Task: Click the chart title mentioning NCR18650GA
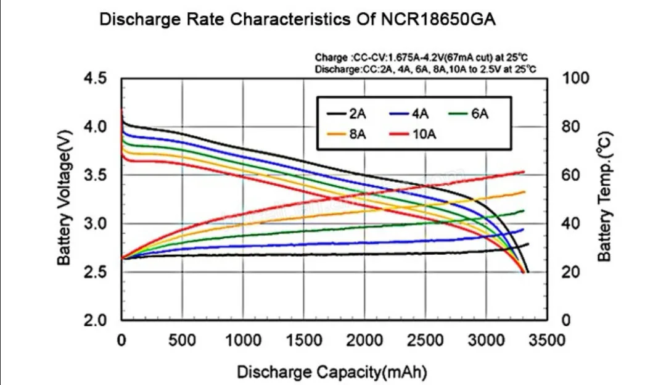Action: click(x=298, y=20)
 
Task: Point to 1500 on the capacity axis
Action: click(x=304, y=340)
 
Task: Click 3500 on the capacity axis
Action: click(x=547, y=340)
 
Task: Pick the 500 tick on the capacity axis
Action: click(x=183, y=340)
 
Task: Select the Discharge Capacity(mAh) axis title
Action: click(x=332, y=372)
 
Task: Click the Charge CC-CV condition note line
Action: click(x=424, y=59)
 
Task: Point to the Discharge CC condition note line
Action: click(x=424, y=69)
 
